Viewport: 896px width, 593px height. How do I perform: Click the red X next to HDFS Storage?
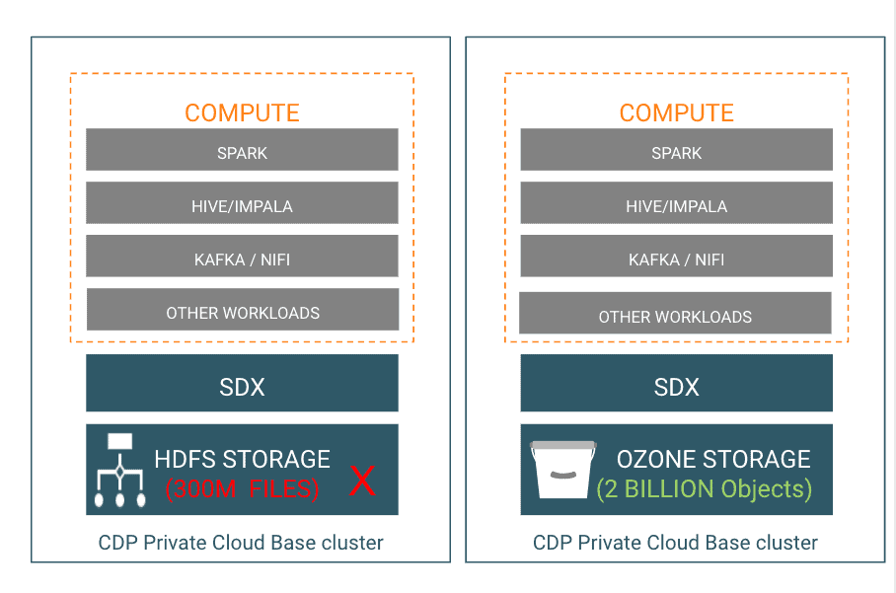coord(363,482)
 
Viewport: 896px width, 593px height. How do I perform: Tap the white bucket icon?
coord(562,471)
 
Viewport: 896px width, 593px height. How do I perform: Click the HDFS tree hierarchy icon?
coord(119,471)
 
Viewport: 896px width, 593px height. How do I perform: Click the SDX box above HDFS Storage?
coord(242,384)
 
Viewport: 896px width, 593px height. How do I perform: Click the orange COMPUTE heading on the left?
coord(242,112)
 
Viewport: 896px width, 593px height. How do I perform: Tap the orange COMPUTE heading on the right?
coord(676,112)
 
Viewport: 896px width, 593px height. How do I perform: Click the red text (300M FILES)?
coord(242,488)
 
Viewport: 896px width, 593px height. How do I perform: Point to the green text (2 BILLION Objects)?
coord(704,488)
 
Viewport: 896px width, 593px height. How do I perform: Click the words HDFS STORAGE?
coord(242,459)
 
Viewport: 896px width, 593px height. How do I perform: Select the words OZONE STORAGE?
coord(712,459)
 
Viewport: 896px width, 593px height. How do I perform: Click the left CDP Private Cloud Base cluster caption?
coord(241,543)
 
